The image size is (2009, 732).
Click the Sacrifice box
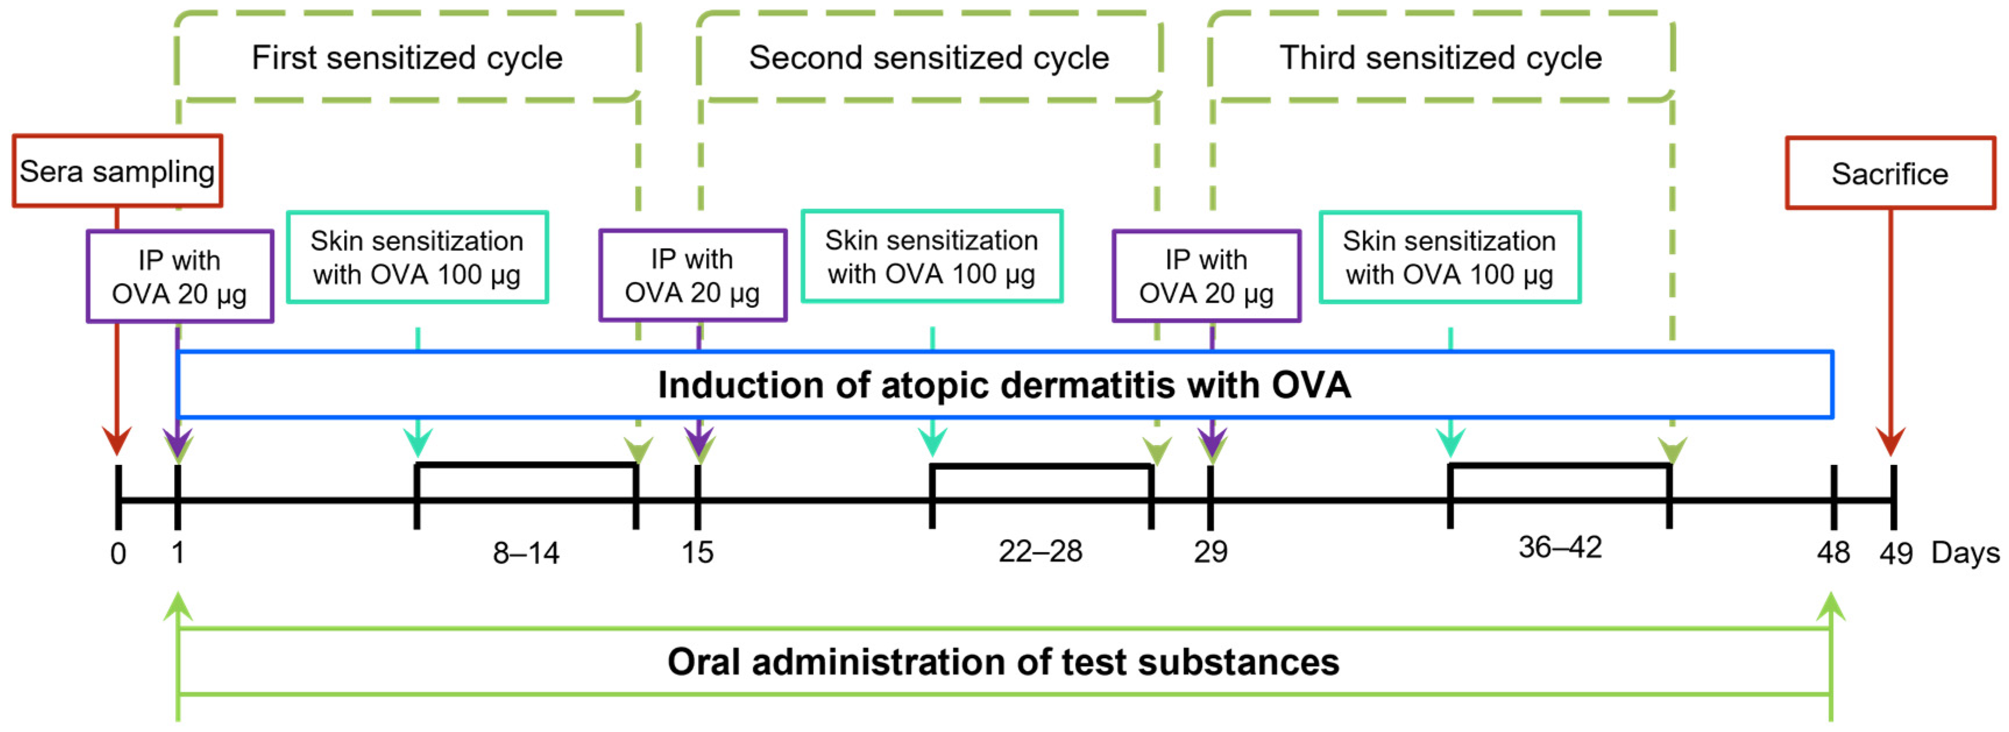(1890, 173)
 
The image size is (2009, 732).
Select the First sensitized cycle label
(407, 58)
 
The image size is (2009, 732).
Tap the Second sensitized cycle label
(929, 58)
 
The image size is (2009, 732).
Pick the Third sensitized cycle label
(1440, 58)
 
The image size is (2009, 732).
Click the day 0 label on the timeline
(118, 553)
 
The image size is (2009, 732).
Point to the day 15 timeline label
(697, 553)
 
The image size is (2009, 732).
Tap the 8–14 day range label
(526, 553)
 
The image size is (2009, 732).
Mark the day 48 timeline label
(1833, 553)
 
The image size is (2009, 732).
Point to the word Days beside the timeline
(1965, 553)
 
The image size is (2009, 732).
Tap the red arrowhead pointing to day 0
(117, 440)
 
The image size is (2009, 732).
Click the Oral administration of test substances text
(1004, 662)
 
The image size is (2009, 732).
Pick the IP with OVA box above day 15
(693, 276)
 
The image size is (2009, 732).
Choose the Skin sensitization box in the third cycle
(1449, 257)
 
